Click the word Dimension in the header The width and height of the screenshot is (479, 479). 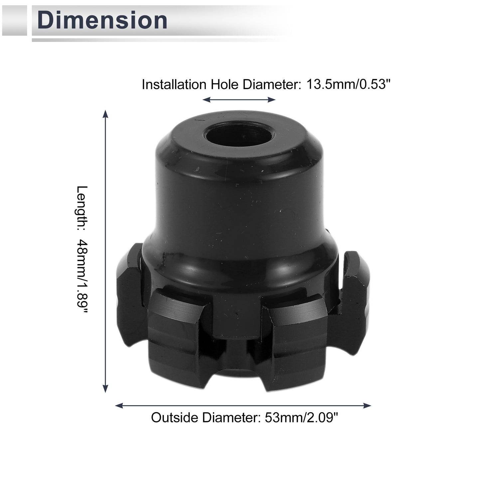102,20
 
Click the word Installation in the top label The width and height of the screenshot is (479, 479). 174,84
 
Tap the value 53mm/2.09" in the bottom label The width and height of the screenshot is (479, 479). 301,417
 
